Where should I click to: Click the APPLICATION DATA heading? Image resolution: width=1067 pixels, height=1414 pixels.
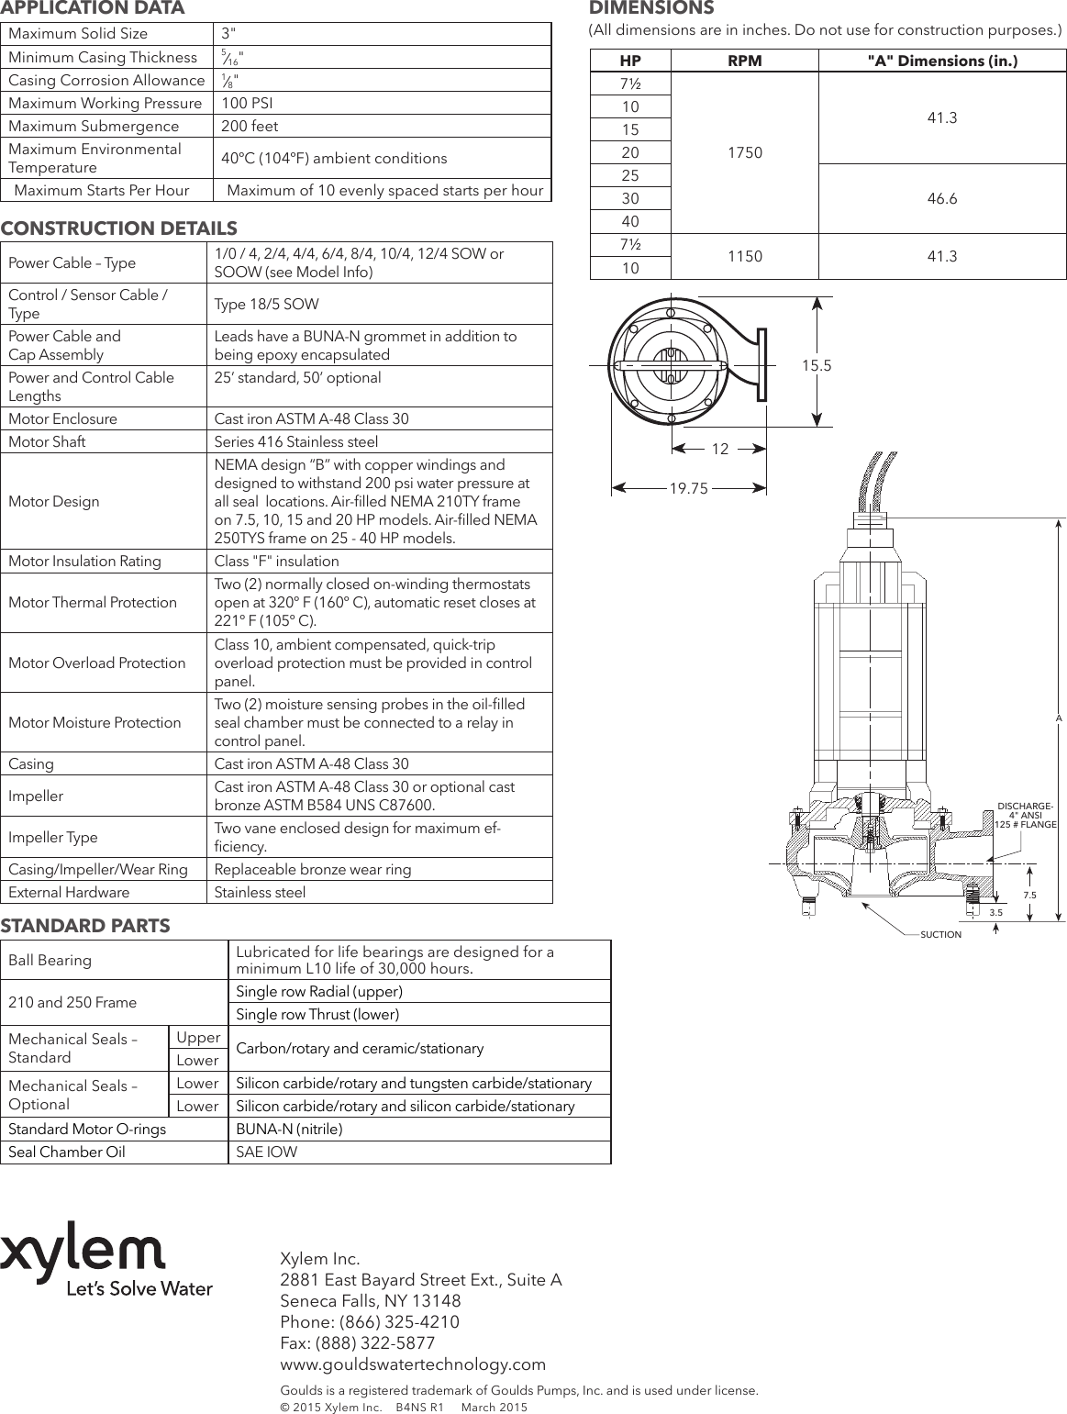point(93,8)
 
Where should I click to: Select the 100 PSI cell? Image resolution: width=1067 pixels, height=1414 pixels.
point(247,103)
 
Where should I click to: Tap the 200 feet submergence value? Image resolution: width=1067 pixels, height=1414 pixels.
point(250,126)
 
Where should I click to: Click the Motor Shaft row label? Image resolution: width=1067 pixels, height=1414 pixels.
point(47,441)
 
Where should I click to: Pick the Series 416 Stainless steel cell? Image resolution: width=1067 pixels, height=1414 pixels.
point(295,441)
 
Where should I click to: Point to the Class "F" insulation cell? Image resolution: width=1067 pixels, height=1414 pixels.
point(276,561)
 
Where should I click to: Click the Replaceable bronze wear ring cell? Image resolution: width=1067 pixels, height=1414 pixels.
point(312,869)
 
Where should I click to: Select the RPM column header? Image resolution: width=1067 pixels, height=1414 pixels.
point(744,61)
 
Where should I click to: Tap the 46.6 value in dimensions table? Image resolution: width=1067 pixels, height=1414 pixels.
point(942,198)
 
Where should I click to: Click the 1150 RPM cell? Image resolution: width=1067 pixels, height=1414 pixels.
point(744,256)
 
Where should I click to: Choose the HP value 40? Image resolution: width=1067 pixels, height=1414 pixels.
point(630,221)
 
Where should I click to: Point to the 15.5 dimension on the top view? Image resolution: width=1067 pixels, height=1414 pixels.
point(816,365)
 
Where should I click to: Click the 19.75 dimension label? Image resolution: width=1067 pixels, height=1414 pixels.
point(688,489)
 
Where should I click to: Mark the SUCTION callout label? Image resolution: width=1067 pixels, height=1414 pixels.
point(940,934)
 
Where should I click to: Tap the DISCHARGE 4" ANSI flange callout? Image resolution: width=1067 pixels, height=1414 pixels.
point(1025,815)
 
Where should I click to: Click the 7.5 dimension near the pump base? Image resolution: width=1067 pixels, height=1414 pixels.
point(1029,895)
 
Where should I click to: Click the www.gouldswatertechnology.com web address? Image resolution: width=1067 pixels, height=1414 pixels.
point(412,1364)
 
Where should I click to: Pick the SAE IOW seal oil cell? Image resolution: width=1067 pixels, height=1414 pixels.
point(267,1152)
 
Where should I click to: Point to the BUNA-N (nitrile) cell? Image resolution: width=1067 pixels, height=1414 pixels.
point(289,1129)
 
